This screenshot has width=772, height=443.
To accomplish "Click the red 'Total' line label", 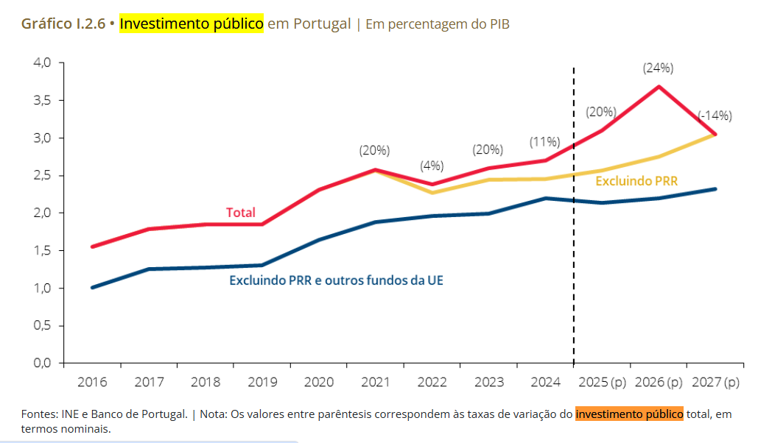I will [x=241, y=213].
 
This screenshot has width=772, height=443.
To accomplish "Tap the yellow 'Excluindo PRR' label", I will [x=636, y=181].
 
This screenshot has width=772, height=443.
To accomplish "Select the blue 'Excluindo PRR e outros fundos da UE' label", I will [x=336, y=280].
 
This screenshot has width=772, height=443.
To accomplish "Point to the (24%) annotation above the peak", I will [x=658, y=68].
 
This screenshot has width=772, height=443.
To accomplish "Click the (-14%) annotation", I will [x=715, y=116].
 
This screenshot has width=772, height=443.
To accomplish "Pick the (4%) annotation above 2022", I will [x=432, y=166].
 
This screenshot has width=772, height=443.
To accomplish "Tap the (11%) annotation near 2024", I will [x=544, y=142].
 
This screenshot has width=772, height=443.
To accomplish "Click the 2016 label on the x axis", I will [x=92, y=383].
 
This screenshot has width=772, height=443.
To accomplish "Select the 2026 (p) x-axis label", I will [x=658, y=383].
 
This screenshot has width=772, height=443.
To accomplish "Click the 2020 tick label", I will [x=319, y=383].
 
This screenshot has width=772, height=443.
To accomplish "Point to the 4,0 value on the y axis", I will [x=43, y=63].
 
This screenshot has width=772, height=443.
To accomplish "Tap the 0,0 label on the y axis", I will [x=43, y=363].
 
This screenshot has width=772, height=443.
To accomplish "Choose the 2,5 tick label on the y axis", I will [x=43, y=175].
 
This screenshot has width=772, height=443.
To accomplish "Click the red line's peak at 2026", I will [x=658, y=87].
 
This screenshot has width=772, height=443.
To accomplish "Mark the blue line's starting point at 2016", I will [x=92, y=287].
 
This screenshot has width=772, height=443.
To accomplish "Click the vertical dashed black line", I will [x=573, y=221].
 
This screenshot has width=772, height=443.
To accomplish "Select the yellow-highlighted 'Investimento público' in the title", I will [x=191, y=24].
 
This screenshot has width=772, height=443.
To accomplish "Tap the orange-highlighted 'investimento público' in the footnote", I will [x=629, y=414].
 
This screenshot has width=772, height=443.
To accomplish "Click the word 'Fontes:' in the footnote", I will [x=38, y=414].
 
